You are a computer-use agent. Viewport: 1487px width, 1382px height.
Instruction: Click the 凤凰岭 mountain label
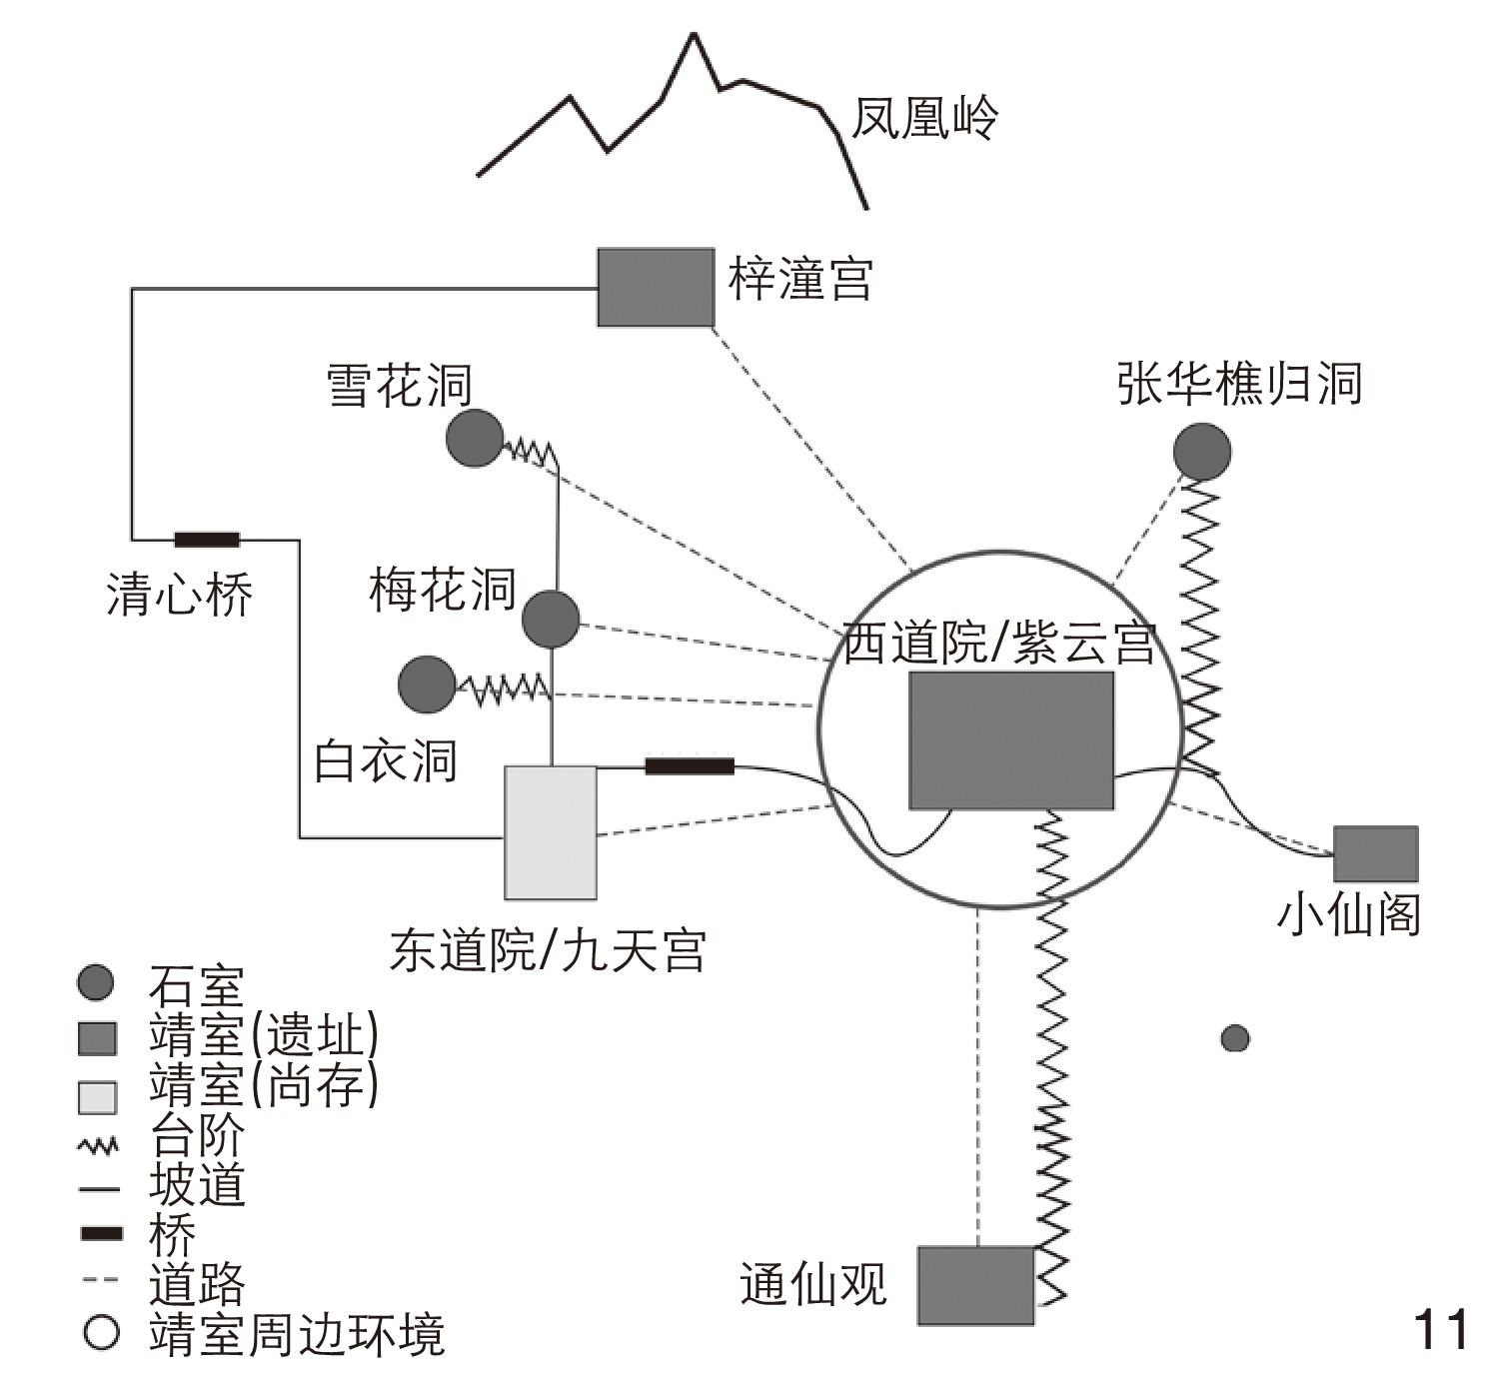(x=924, y=118)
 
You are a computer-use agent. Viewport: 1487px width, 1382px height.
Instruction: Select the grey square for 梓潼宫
(x=656, y=288)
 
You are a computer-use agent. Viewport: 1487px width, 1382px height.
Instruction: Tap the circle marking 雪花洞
(x=474, y=438)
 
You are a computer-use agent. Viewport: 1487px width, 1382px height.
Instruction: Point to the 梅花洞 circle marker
(x=551, y=619)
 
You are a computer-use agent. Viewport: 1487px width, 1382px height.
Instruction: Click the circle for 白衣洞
(x=427, y=685)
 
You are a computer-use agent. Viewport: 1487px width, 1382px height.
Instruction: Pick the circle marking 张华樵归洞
(x=1201, y=452)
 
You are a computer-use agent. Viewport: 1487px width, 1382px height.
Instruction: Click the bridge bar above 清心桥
(x=207, y=541)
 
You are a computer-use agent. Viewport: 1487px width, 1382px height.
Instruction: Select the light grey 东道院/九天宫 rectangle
(x=551, y=832)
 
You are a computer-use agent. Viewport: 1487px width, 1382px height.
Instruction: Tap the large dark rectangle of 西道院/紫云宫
(x=1010, y=739)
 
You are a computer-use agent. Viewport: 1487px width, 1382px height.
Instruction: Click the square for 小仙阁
(x=1376, y=853)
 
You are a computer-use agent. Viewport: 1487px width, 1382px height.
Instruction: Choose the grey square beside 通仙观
(x=975, y=1285)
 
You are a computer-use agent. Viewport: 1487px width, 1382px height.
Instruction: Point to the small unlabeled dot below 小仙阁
(x=1235, y=1039)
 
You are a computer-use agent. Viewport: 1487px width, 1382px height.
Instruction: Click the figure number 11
(x=1441, y=1330)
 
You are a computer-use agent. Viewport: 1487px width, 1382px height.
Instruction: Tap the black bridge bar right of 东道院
(x=690, y=766)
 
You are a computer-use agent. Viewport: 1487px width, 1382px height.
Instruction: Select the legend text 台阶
(x=197, y=1136)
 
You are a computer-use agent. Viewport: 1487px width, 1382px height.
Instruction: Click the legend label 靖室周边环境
(x=297, y=1335)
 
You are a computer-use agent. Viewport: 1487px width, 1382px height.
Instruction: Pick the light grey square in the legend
(x=98, y=1097)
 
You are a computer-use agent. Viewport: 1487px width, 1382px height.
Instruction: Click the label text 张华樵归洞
(x=1239, y=384)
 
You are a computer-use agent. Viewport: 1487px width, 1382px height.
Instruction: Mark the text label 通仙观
(x=812, y=1285)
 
